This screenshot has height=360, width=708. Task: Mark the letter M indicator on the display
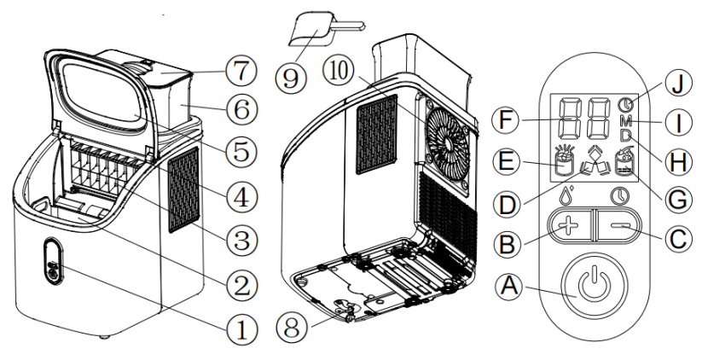[x=624, y=119]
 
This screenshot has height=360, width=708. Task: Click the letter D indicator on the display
[x=624, y=136]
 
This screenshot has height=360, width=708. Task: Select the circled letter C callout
[x=679, y=240]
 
